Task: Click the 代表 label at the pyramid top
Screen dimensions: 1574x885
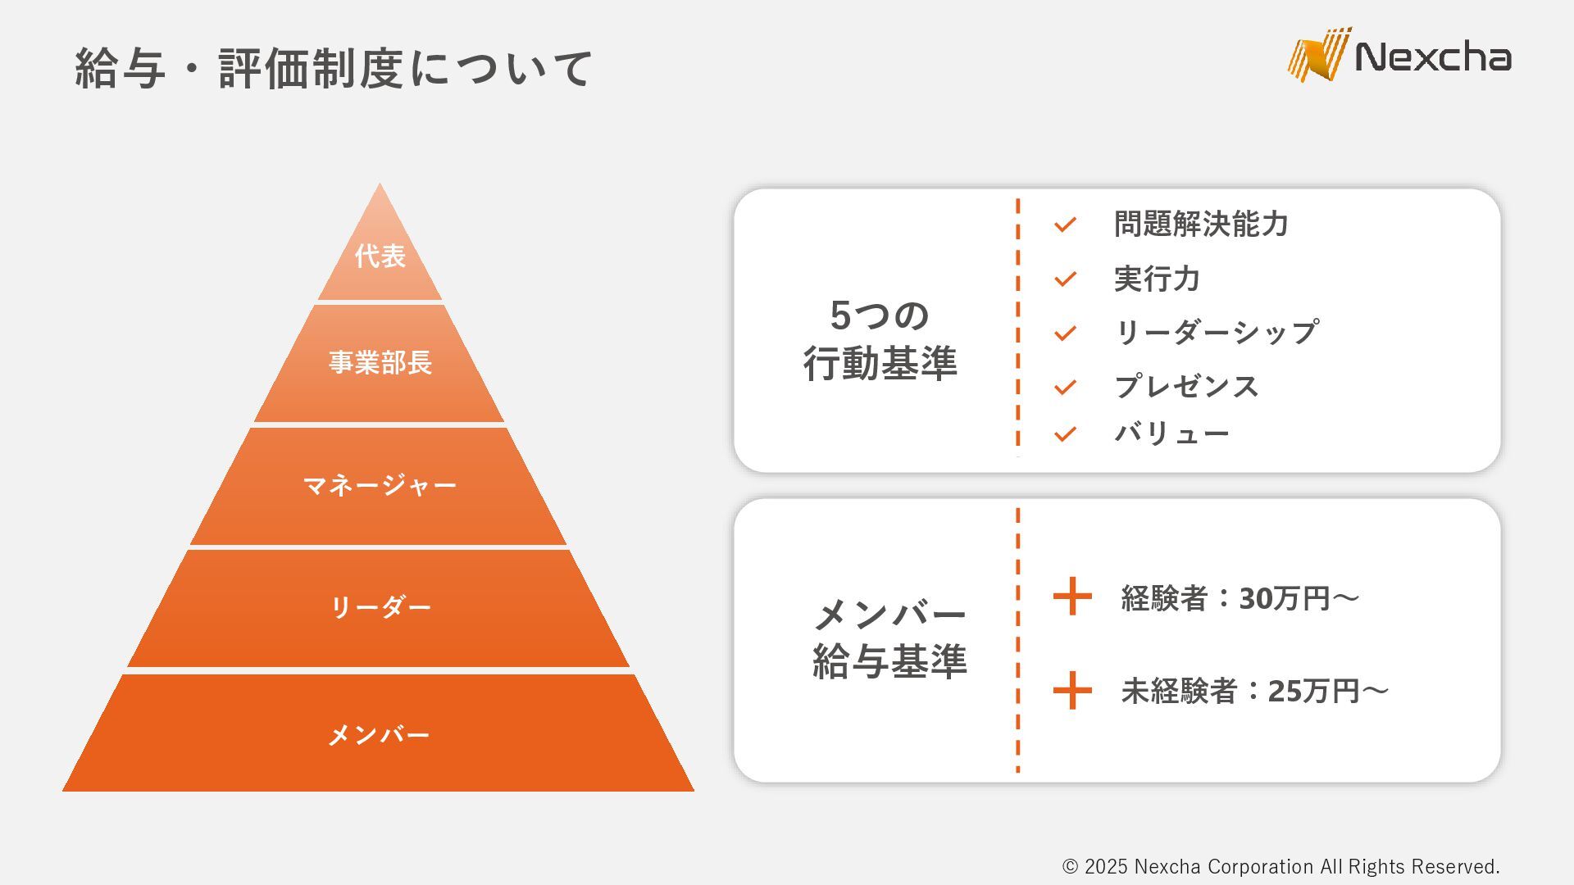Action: click(x=380, y=256)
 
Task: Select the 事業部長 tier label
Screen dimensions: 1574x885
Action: click(x=380, y=362)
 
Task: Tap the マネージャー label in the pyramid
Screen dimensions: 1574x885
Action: click(x=380, y=485)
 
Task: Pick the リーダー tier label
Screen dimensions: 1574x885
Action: click(x=380, y=607)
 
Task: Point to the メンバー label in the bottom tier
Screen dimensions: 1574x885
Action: click(x=379, y=734)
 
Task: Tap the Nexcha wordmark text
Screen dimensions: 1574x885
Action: click(x=1433, y=57)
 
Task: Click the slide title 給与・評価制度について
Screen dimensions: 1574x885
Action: click(x=333, y=68)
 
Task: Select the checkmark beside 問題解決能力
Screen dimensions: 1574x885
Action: click(x=1065, y=225)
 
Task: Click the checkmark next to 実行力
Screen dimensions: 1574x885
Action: click(x=1065, y=279)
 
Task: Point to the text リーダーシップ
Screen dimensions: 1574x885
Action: click(x=1217, y=333)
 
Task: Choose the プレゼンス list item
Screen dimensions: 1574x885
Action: click(x=1186, y=387)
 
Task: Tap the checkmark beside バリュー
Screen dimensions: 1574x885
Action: click(x=1065, y=434)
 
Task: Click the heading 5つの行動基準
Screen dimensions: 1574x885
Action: click(x=880, y=339)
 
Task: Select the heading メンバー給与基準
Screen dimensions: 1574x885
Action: click(x=889, y=638)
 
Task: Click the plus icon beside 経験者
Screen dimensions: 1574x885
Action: click(x=1072, y=597)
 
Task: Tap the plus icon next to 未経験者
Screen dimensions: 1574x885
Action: click(x=1072, y=690)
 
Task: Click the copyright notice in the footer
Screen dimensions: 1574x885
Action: click(x=1281, y=866)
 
